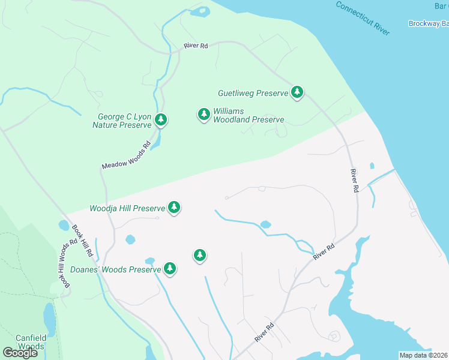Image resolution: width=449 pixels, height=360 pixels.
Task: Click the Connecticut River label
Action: pos(362,17)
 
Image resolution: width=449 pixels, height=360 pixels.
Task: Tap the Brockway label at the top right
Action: pos(428,23)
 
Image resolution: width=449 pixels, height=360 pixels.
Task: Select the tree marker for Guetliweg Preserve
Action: pos(297,92)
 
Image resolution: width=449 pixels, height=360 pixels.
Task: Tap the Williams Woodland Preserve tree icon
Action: pos(204,114)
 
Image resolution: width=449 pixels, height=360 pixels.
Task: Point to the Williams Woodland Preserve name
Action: pos(249,116)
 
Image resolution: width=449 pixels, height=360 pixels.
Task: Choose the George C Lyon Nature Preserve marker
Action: pos(160,120)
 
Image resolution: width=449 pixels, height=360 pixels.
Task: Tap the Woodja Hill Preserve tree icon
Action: pos(174,208)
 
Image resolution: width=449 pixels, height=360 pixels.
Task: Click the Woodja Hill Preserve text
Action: pos(127,209)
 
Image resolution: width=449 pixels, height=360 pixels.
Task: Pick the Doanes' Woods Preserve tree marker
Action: pos(170,268)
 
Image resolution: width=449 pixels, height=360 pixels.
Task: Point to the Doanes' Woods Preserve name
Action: pos(115,270)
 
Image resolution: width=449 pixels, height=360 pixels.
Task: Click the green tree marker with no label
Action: pos(200,256)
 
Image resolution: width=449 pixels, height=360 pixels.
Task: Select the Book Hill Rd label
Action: pos(82,241)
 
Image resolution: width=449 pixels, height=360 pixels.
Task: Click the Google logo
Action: pos(20,353)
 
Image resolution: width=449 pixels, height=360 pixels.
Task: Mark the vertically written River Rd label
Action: pos(354,180)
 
